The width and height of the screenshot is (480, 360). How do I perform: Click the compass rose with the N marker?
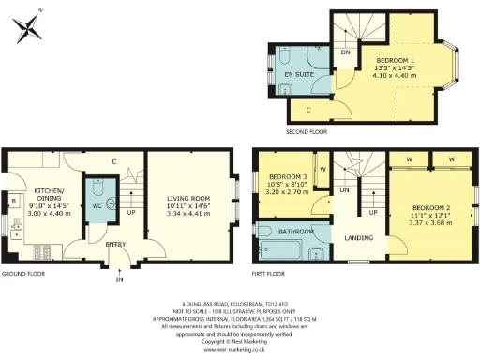29,25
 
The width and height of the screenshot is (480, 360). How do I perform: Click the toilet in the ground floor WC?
109,201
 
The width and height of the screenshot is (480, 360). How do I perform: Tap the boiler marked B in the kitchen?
13,202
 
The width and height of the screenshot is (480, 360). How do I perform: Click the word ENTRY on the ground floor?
116,245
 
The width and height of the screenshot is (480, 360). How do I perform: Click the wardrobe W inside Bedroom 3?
322,170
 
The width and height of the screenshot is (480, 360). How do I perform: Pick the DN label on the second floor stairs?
345,53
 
